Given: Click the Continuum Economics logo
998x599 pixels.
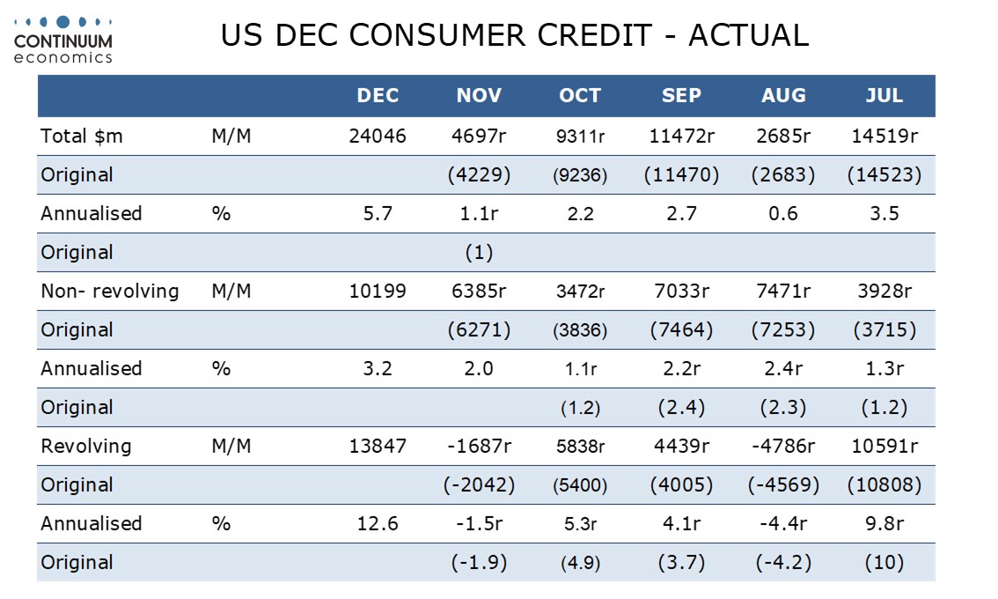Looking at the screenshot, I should (x=63, y=39).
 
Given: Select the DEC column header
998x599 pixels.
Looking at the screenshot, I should (x=378, y=96).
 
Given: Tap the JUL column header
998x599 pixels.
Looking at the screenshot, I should (x=884, y=96).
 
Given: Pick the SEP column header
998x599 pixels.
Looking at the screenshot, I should (x=681, y=96).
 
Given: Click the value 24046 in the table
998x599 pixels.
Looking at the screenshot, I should (x=378, y=137).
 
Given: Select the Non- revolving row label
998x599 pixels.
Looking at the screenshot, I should (x=109, y=292).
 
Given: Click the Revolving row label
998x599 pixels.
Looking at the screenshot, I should (x=85, y=447).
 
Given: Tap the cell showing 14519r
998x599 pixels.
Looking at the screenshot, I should (x=884, y=137).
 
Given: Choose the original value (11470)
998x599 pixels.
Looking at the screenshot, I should (x=681, y=175).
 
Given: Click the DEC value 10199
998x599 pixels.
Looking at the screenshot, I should (x=378, y=292).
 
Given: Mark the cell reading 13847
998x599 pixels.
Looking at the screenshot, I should (x=378, y=447).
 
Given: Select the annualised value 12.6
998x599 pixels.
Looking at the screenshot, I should (x=378, y=524).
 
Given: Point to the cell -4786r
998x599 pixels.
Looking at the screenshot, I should (x=783, y=447).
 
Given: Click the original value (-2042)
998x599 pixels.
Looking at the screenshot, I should (x=479, y=485).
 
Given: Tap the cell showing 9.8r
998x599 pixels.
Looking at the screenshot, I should (x=884, y=524).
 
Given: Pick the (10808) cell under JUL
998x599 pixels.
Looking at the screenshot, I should (x=884, y=485).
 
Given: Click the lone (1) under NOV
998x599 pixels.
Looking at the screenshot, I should (x=479, y=253).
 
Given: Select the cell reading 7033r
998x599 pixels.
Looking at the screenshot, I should (x=681, y=292).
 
